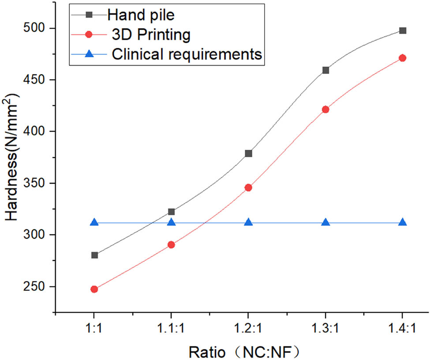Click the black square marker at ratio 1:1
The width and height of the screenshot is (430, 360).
click(x=94, y=255)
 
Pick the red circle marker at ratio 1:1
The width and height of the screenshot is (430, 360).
click(x=94, y=289)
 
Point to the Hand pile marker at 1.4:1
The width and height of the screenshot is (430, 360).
click(x=403, y=30)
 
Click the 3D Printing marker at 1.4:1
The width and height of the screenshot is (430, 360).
click(x=402, y=58)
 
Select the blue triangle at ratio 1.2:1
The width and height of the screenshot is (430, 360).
click(x=248, y=223)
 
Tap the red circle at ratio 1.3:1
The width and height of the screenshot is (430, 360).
click(x=325, y=109)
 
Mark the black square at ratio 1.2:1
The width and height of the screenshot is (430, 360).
click(x=248, y=153)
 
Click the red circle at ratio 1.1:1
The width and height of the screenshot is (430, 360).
click(x=171, y=245)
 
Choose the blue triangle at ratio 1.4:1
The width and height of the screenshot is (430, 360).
click(x=402, y=223)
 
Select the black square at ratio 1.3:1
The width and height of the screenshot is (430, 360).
click(x=325, y=70)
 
